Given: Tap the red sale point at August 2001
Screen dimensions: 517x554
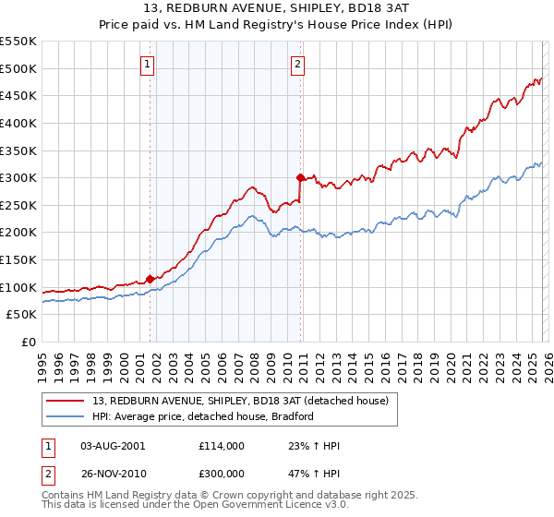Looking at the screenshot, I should (150, 279).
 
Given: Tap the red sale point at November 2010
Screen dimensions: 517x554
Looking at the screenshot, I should (300, 177).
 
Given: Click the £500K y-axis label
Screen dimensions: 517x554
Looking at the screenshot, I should (18, 68).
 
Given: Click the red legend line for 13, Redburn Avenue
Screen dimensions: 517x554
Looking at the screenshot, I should (66, 401).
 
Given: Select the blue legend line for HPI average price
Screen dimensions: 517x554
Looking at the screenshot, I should (66, 416).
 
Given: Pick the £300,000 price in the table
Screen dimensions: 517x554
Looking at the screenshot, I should (221, 471).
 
